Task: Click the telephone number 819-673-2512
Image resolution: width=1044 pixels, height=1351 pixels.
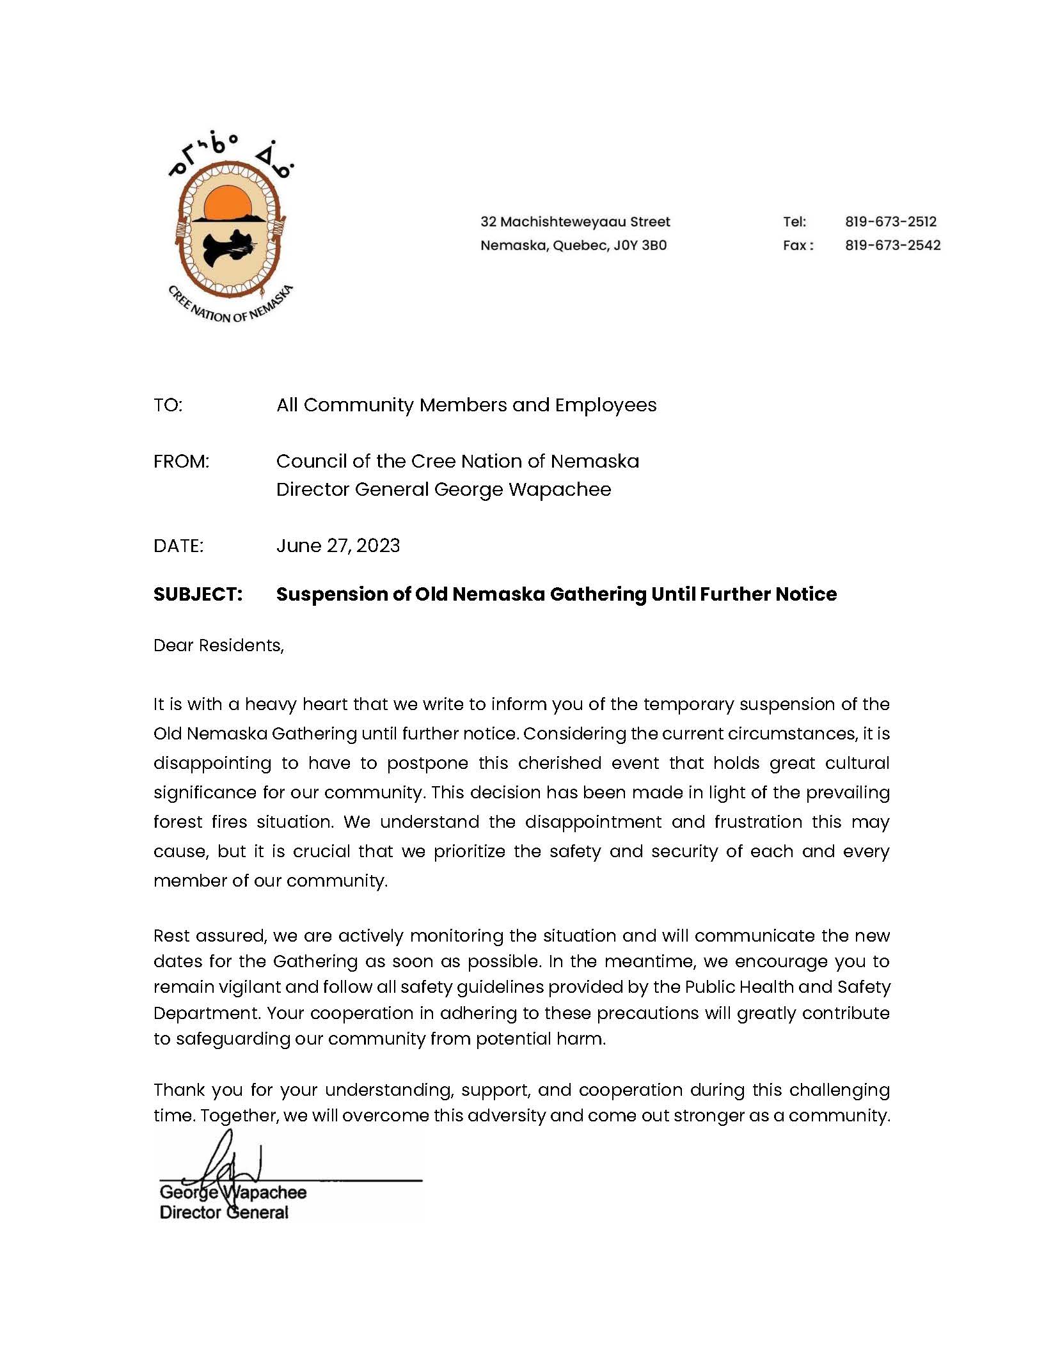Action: click(890, 222)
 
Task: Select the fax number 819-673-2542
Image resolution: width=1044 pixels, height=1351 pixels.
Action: click(892, 245)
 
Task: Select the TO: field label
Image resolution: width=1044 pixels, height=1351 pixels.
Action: click(168, 405)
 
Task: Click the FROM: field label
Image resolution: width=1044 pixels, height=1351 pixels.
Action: click(181, 461)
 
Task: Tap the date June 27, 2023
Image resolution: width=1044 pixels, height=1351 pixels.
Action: click(338, 546)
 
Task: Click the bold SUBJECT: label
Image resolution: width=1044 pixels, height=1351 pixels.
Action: click(198, 594)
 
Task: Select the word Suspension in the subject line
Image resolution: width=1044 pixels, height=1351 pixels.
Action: click(333, 594)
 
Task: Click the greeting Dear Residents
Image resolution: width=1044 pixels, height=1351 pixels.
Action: click(218, 645)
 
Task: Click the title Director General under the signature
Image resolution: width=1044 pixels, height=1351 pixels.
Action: click(224, 1213)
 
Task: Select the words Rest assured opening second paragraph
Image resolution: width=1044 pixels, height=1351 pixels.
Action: click(209, 936)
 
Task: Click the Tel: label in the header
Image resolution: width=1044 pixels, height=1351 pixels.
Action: click(795, 222)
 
